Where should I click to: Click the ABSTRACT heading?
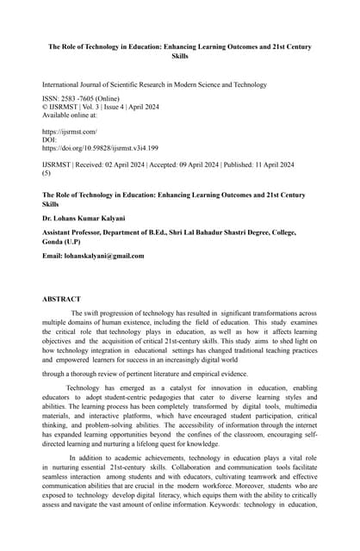pyautogui.click(x=61, y=299)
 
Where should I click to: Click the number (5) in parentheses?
pyautogui.click(x=47, y=172)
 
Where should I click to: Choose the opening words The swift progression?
pyautogui.click(x=107, y=313)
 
